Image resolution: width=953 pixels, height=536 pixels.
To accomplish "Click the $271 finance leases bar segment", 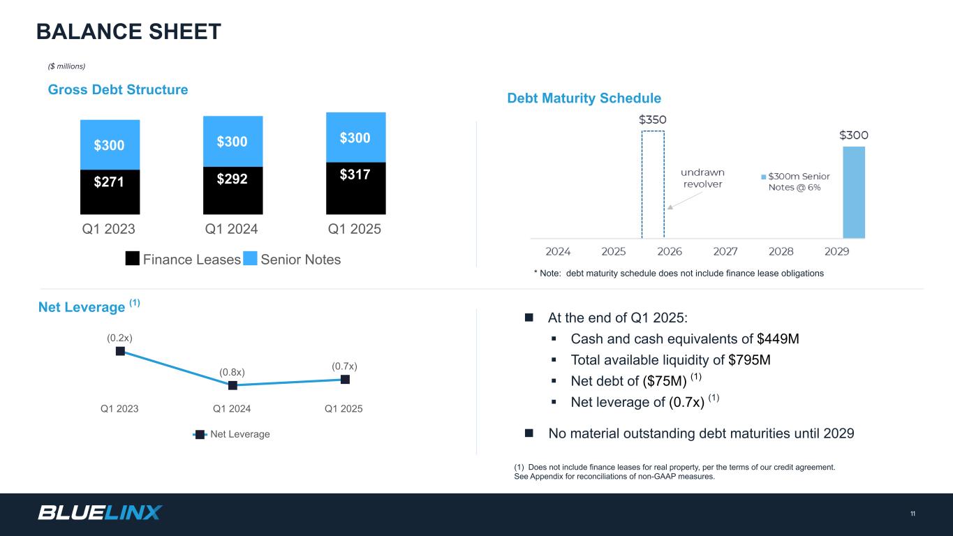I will (x=110, y=192).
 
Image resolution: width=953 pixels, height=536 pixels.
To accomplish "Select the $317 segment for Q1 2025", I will (x=355, y=188).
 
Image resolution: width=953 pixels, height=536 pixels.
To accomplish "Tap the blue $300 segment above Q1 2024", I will (x=232, y=141).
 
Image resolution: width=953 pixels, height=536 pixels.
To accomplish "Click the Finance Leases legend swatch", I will (x=133, y=260).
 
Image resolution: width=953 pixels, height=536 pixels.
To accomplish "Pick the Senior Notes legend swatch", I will (x=250, y=260).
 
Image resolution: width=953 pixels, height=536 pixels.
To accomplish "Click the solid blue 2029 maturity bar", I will (x=853, y=193).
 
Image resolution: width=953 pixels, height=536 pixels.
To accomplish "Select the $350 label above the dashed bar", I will (x=653, y=119).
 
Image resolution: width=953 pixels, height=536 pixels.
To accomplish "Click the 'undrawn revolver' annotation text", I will (x=703, y=178).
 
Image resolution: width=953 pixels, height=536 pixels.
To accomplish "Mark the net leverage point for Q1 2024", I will (x=232, y=385).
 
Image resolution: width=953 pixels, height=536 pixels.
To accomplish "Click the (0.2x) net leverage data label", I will (x=120, y=338).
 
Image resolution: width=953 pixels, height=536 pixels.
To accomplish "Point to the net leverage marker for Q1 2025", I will (x=345, y=379).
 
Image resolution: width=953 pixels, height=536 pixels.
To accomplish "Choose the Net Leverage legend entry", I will (x=232, y=434).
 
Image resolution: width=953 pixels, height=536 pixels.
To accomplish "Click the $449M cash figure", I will (x=778, y=339).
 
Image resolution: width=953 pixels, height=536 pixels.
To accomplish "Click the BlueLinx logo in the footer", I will (x=100, y=513).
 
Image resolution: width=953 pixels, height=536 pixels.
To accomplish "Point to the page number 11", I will (x=913, y=514).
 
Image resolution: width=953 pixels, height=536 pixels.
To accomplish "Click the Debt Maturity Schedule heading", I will (x=584, y=98).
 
